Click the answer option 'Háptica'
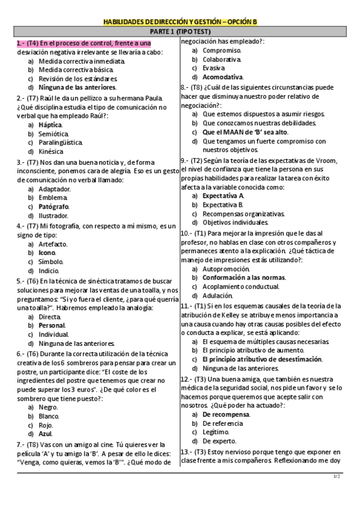pos(50,124)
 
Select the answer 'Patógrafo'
pos(53,206)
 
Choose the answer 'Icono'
pos(47,253)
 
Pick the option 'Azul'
pos(46,433)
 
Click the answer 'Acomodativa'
pos(223,77)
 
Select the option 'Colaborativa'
pos(222,60)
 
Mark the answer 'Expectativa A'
pos(223,195)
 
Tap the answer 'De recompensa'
pos(225,414)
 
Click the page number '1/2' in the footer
pos(337,477)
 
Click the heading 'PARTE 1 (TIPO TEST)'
pos(180,32)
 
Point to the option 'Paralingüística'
pos(60,143)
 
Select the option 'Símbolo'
pos(50,262)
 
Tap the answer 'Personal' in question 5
pos(52,325)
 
